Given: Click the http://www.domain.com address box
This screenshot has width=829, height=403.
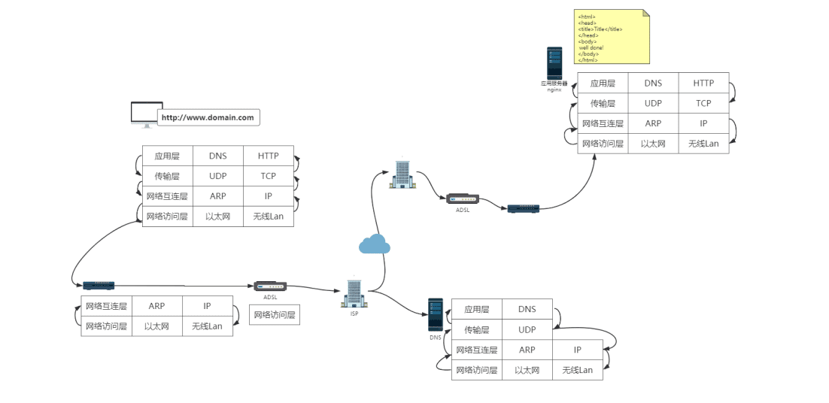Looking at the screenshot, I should click(208, 117).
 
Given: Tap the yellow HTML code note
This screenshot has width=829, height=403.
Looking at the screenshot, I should click(612, 37).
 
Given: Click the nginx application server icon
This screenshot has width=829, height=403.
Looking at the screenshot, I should click(554, 64).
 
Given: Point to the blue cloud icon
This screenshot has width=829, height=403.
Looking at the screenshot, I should click(374, 244).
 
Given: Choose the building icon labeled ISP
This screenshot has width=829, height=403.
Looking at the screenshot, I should click(354, 293).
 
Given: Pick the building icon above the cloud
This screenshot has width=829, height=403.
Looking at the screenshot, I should click(401, 174).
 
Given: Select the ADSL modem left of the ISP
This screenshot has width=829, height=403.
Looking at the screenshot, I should click(270, 286).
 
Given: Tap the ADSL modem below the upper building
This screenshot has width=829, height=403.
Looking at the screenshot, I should click(462, 199).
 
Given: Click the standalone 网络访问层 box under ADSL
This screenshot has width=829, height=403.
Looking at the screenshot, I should click(275, 315).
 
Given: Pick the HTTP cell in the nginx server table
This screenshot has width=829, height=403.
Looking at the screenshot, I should click(703, 83).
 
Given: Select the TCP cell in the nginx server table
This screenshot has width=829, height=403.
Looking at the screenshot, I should click(703, 103).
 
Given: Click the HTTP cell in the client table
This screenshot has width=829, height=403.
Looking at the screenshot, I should click(268, 156).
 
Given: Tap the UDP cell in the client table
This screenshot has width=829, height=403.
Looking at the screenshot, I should click(217, 176).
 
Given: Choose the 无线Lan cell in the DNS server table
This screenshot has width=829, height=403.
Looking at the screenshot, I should click(577, 370).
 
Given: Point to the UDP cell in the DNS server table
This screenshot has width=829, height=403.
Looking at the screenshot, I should click(527, 329).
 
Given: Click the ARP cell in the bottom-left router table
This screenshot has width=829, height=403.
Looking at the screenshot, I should click(156, 306).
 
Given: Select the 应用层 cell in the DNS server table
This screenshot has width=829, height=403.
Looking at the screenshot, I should click(476, 309).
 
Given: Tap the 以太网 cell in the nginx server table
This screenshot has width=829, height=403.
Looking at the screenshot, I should click(653, 144).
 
